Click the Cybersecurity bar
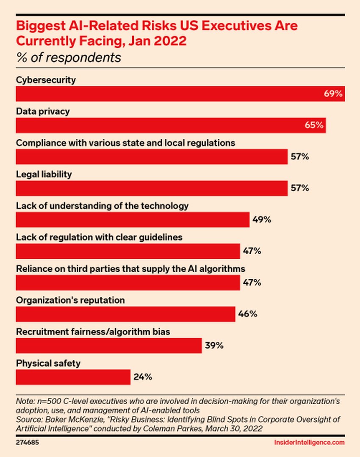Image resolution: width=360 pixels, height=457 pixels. point(180,94)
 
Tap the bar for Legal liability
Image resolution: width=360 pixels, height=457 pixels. point(152,188)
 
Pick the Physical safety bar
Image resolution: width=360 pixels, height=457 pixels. point(73,377)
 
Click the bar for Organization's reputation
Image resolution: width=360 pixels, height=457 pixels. point(125,314)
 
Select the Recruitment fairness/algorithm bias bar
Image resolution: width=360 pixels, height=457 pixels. point(108,346)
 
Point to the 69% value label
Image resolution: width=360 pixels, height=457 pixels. point(333,94)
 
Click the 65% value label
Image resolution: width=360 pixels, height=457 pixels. point(314,125)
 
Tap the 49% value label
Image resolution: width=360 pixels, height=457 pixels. point(262,220)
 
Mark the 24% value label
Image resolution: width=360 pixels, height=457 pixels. point(143,377)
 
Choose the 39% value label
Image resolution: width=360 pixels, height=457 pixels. point(214,346)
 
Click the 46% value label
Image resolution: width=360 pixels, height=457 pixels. point(247,314)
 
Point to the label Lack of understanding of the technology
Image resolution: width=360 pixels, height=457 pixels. point(102,206)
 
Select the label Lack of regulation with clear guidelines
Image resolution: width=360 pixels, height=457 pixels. point(99,237)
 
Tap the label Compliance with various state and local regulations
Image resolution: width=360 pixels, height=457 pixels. point(125,143)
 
